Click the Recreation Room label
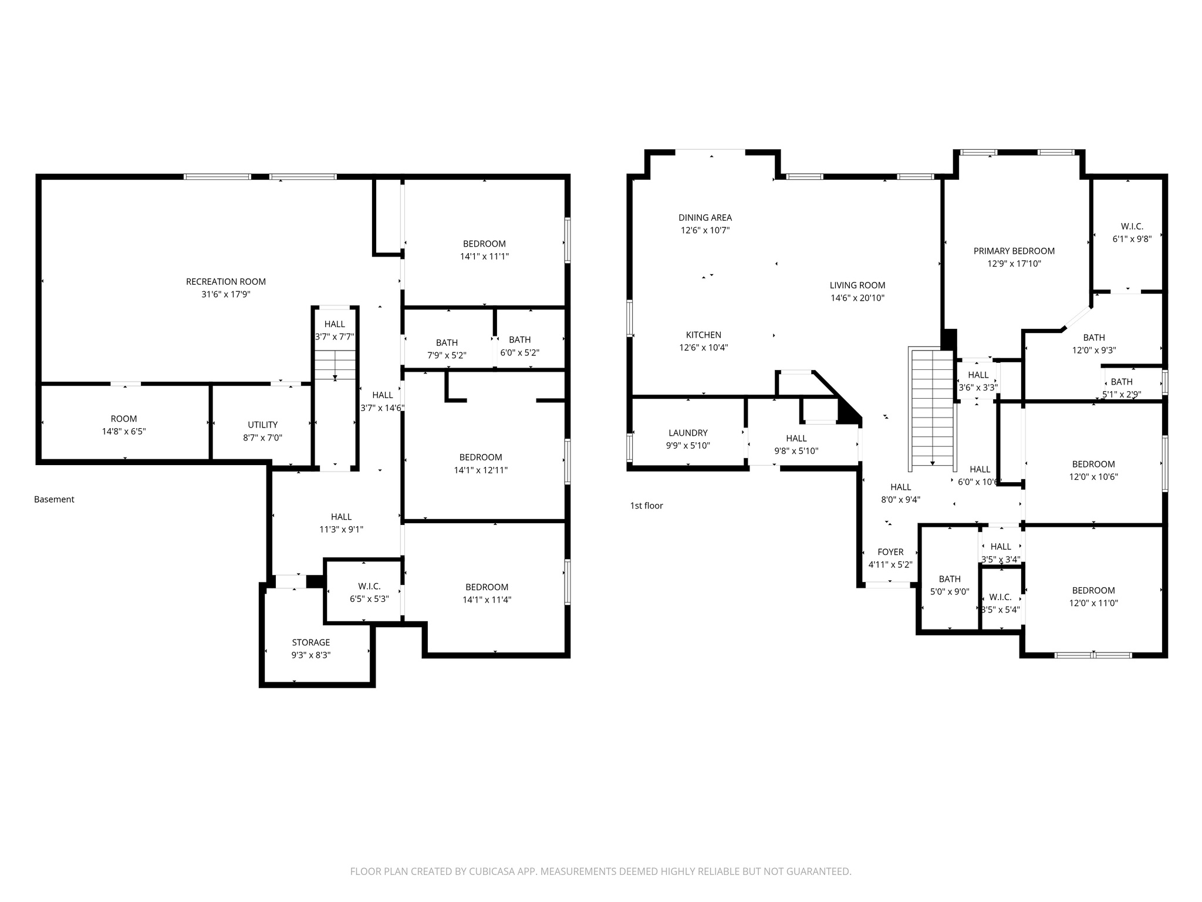(x=226, y=282)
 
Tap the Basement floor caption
(x=54, y=500)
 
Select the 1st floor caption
(x=646, y=506)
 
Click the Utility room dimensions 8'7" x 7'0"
(x=262, y=437)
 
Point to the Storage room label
(x=311, y=642)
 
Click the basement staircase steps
(x=335, y=364)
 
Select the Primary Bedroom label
(x=1014, y=251)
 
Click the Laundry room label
(x=688, y=433)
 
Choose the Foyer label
(x=890, y=552)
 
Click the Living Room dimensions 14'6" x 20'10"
(x=857, y=298)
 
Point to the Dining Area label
(x=705, y=218)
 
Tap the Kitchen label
(x=703, y=335)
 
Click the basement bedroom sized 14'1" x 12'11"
(x=481, y=463)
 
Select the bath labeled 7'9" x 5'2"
(x=447, y=349)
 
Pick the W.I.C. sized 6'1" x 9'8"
(x=1132, y=233)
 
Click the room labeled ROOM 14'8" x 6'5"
(x=124, y=425)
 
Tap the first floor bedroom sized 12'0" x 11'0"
(x=1093, y=597)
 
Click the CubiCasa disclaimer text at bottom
(x=600, y=871)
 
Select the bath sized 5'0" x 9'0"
(x=949, y=585)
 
